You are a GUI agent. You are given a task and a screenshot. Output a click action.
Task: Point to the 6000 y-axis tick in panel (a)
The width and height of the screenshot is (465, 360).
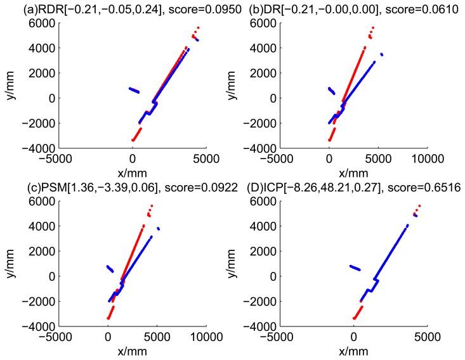coord(41,23)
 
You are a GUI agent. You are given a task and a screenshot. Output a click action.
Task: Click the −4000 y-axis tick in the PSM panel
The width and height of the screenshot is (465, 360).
coord(39,327)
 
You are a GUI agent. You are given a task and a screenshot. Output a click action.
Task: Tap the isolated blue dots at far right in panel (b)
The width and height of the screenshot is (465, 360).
coord(381,55)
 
